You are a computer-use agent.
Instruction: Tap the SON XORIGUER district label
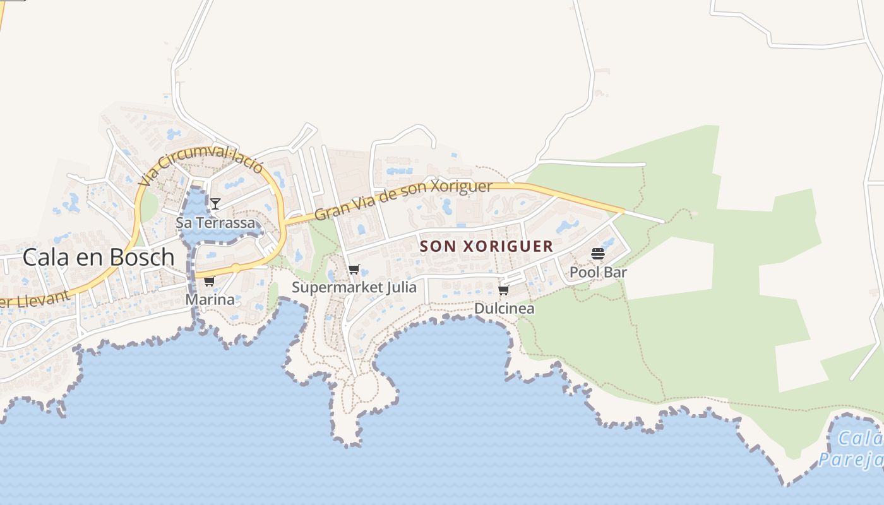[486, 246]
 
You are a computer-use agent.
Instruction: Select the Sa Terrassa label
[215, 223]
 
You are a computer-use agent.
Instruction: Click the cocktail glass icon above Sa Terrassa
[215, 203]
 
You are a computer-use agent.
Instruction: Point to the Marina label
[210, 299]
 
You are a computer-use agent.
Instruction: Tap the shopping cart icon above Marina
[209, 281]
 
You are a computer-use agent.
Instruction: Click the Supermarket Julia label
[354, 287]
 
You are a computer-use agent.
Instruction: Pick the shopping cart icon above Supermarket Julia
[354, 270]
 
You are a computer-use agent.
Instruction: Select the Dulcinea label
[504, 308]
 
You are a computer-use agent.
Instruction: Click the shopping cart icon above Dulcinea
[503, 290]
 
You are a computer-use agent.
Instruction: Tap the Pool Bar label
[598, 272]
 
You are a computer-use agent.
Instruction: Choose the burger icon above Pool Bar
[598, 254]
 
